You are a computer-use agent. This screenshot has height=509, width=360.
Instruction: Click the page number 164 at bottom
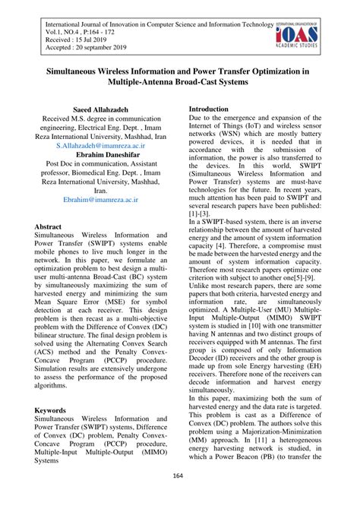click(x=179, y=497)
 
